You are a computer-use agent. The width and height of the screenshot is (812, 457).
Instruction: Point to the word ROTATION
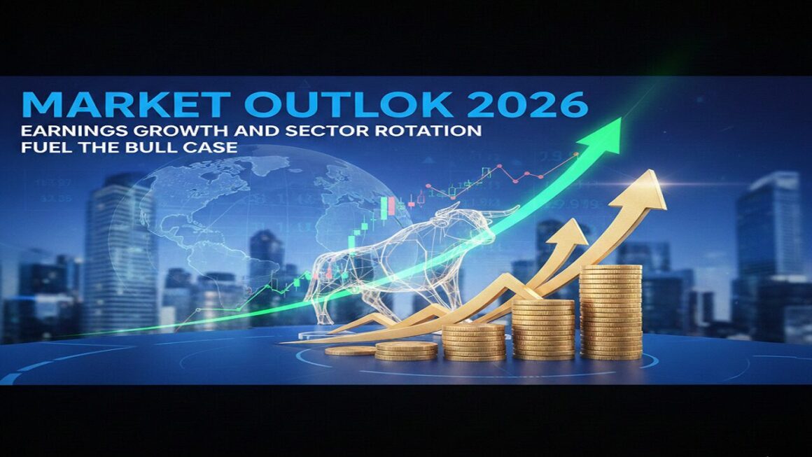click(x=430, y=132)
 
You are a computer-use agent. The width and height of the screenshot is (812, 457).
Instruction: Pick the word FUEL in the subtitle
click(x=44, y=148)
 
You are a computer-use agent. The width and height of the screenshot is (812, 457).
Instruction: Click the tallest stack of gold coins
click(x=610, y=311)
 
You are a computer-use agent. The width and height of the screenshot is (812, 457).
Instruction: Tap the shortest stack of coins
click(x=349, y=351)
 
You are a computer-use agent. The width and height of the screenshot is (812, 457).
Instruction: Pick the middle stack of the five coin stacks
click(x=474, y=341)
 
